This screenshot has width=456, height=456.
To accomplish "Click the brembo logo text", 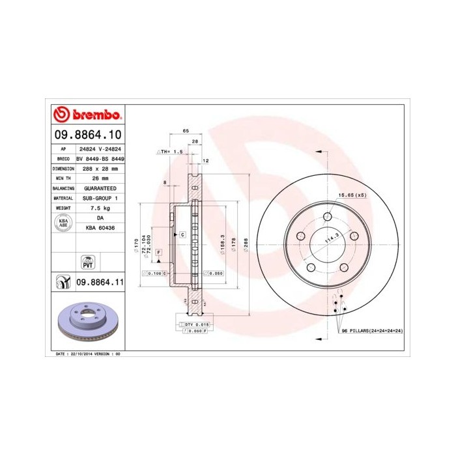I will (95, 115).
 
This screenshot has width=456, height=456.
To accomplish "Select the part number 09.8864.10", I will (87, 135).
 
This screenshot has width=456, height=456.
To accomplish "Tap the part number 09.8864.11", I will (99, 281).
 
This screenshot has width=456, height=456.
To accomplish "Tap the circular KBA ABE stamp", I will (63, 223).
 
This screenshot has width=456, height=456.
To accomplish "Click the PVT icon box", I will (87, 262).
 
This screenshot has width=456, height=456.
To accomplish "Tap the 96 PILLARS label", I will (372, 331).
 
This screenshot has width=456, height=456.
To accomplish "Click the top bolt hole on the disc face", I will (328, 217).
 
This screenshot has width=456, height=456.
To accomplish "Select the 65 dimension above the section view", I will (186, 131).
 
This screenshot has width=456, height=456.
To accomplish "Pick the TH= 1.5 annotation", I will (171, 151).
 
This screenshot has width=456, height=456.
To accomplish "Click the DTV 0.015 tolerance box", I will (195, 323).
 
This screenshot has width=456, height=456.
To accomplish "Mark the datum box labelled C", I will (182, 234).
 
